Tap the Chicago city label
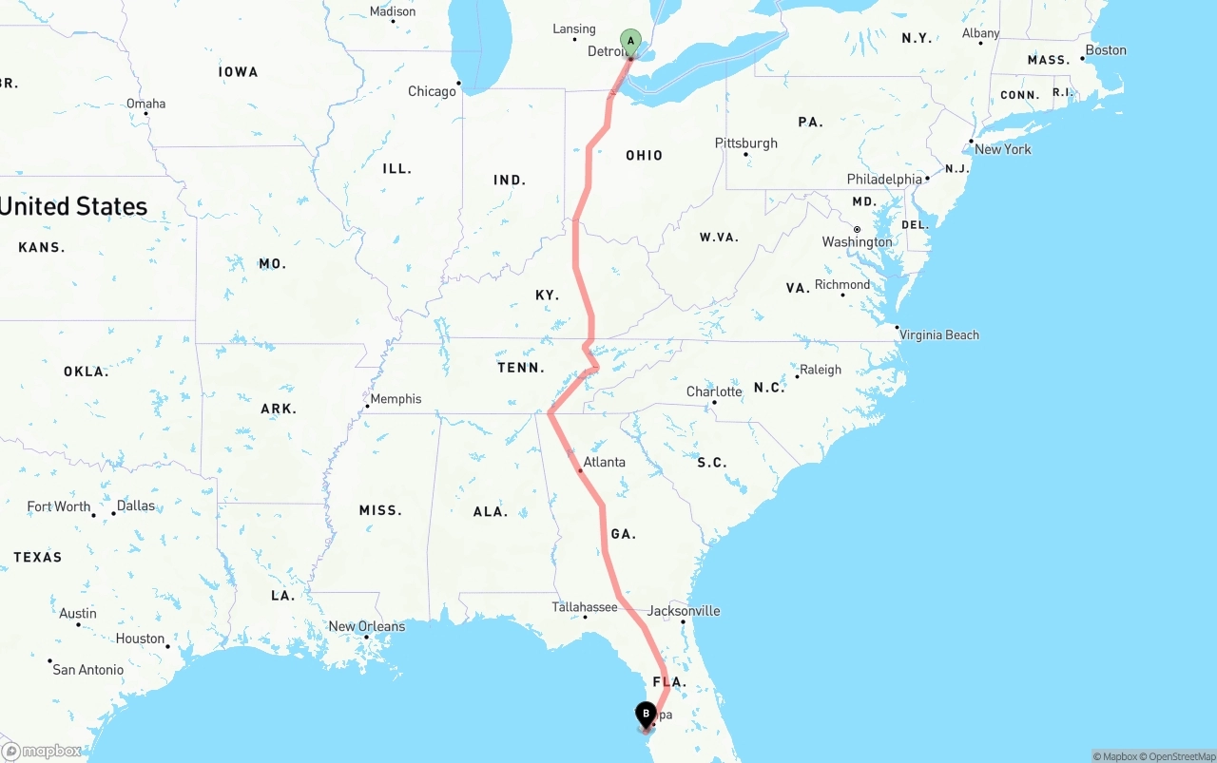pyautogui.click(x=433, y=92)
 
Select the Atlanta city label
pyautogui.click(x=605, y=463)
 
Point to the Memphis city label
pyautogui.click(x=396, y=399)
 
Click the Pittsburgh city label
pyautogui.click(x=746, y=143)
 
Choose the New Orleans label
pyautogui.click(x=367, y=626)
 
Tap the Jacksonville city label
pyautogui.click(x=684, y=611)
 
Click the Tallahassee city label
pyautogui.click(x=585, y=607)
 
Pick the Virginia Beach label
pyautogui.click(x=939, y=334)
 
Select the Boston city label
pyautogui.click(x=1106, y=50)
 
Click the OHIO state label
pyautogui.click(x=645, y=156)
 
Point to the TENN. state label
pyautogui.click(x=521, y=368)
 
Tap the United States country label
pyautogui.click(x=74, y=206)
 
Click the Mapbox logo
pyautogui.click(x=42, y=752)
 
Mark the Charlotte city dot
pyautogui.click(x=714, y=402)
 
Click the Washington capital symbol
pyautogui.click(x=857, y=229)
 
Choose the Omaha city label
pyautogui.click(x=145, y=104)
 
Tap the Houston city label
pyautogui.click(x=141, y=639)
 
